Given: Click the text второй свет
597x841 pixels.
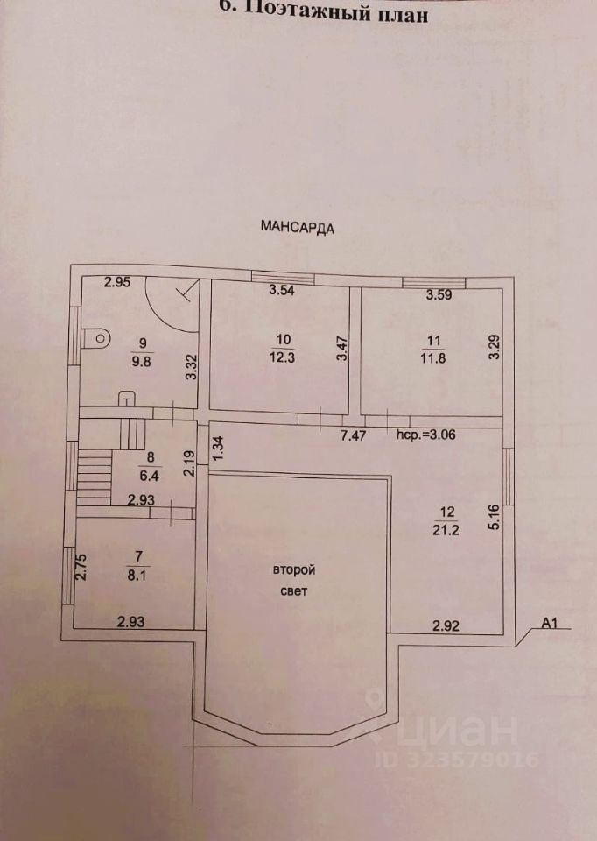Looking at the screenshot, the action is pyautogui.click(x=293, y=580).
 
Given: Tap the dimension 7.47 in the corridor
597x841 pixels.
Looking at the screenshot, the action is pyautogui.click(x=355, y=434).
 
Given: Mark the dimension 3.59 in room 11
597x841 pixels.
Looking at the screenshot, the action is pyautogui.click(x=438, y=295).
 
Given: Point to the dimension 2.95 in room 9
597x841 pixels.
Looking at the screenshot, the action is pyautogui.click(x=117, y=281).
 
